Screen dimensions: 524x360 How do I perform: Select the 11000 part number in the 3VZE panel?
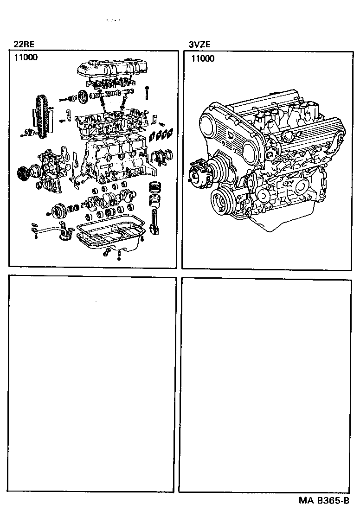pyautogui.click(x=202, y=58)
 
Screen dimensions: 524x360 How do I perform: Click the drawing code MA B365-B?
pyautogui.click(x=323, y=501)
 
